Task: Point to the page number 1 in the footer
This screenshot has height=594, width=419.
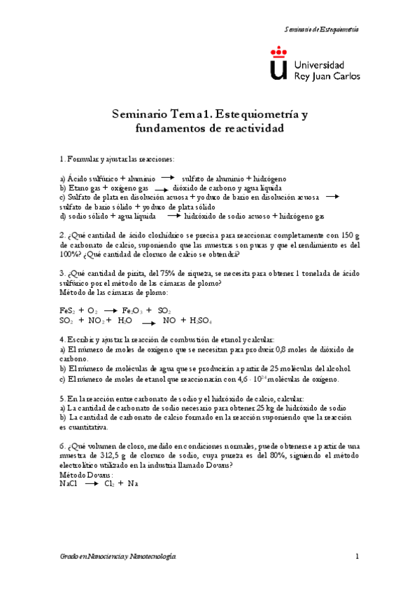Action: pos(356,556)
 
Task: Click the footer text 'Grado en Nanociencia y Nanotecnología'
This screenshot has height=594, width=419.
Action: pos(118,556)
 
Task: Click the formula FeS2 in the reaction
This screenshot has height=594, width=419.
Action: pos(67,310)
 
